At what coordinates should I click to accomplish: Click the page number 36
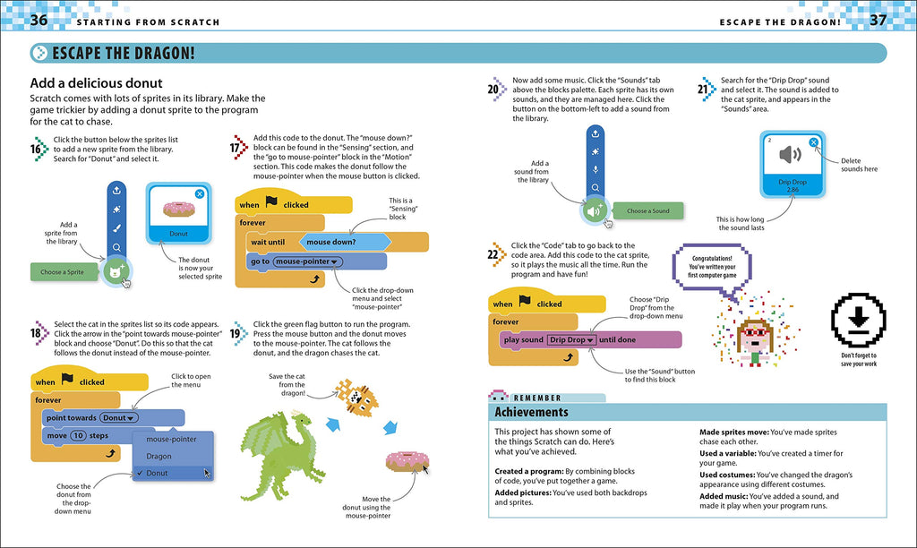[x=39, y=20]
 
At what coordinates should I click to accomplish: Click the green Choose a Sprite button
[x=63, y=271]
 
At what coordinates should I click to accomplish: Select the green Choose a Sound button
[x=647, y=211]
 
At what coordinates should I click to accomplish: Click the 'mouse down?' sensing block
[x=342, y=242]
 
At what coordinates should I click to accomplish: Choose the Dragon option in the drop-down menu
[x=159, y=456]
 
